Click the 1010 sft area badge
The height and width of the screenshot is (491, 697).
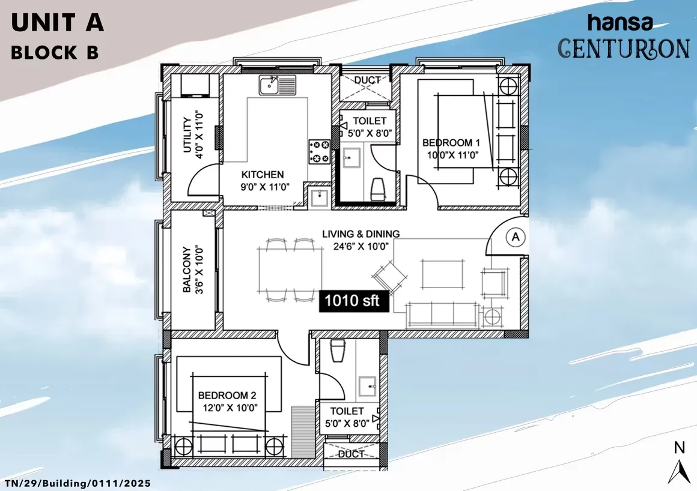[x=355, y=301]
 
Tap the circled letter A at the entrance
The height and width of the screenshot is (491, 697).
[x=516, y=236]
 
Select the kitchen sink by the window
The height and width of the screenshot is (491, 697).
[x=278, y=85]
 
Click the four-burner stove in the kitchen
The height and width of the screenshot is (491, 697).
[x=319, y=151]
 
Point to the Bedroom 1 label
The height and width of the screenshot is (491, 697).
[x=451, y=142]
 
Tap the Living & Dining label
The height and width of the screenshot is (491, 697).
[x=361, y=233]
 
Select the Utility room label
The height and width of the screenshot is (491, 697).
[x=187, y=135]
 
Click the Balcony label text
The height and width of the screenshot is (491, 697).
[x=187, y=270]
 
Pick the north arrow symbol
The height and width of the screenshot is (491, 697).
[x=679, y=465]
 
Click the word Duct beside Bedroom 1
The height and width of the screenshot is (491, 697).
[x=367, y=80]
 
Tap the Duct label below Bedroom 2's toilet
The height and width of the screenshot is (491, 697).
[x=351, y=454]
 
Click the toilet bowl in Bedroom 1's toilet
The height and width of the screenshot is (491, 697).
[x=379, y=189]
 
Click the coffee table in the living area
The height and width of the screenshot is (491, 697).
[x=442, y=274]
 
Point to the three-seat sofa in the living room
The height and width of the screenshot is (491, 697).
[x=443, y=315]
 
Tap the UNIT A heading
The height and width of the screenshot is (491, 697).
[x=57, y=23]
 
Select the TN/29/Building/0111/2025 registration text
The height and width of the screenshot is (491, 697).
[x=78, y=483]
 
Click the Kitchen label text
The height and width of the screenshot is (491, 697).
[x=262, y=175]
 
